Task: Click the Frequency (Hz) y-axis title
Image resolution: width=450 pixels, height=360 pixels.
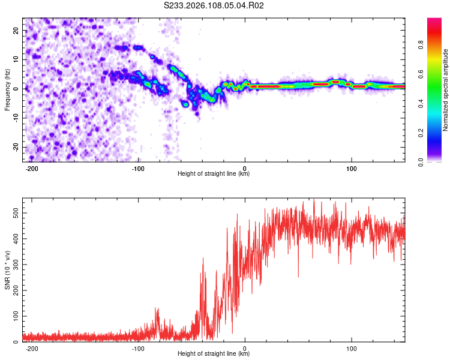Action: click(x=7, y=89)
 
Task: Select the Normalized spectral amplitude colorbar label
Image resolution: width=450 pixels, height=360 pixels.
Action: click(x=446, y=91)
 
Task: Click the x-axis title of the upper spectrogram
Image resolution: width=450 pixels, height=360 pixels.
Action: click(x=214, y=174)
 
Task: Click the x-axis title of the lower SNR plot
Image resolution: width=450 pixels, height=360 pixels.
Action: click(x=214, y=354)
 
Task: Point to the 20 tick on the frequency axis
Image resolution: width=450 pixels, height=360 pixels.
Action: click(x=16, y=30)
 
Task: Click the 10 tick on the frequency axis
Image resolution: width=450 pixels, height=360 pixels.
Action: click(x=16, y=59)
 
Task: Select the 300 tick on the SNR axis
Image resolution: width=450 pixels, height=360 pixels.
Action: click(x=13, y=264)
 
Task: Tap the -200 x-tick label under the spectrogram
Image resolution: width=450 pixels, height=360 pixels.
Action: click(x=32, y=167)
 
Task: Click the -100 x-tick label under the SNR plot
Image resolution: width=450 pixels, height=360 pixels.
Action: click(x=139, y=347)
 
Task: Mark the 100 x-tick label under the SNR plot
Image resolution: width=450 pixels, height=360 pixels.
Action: click(x=352, y=347)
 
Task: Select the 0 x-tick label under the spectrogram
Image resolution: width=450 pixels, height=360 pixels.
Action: click(x=245, y=167)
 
